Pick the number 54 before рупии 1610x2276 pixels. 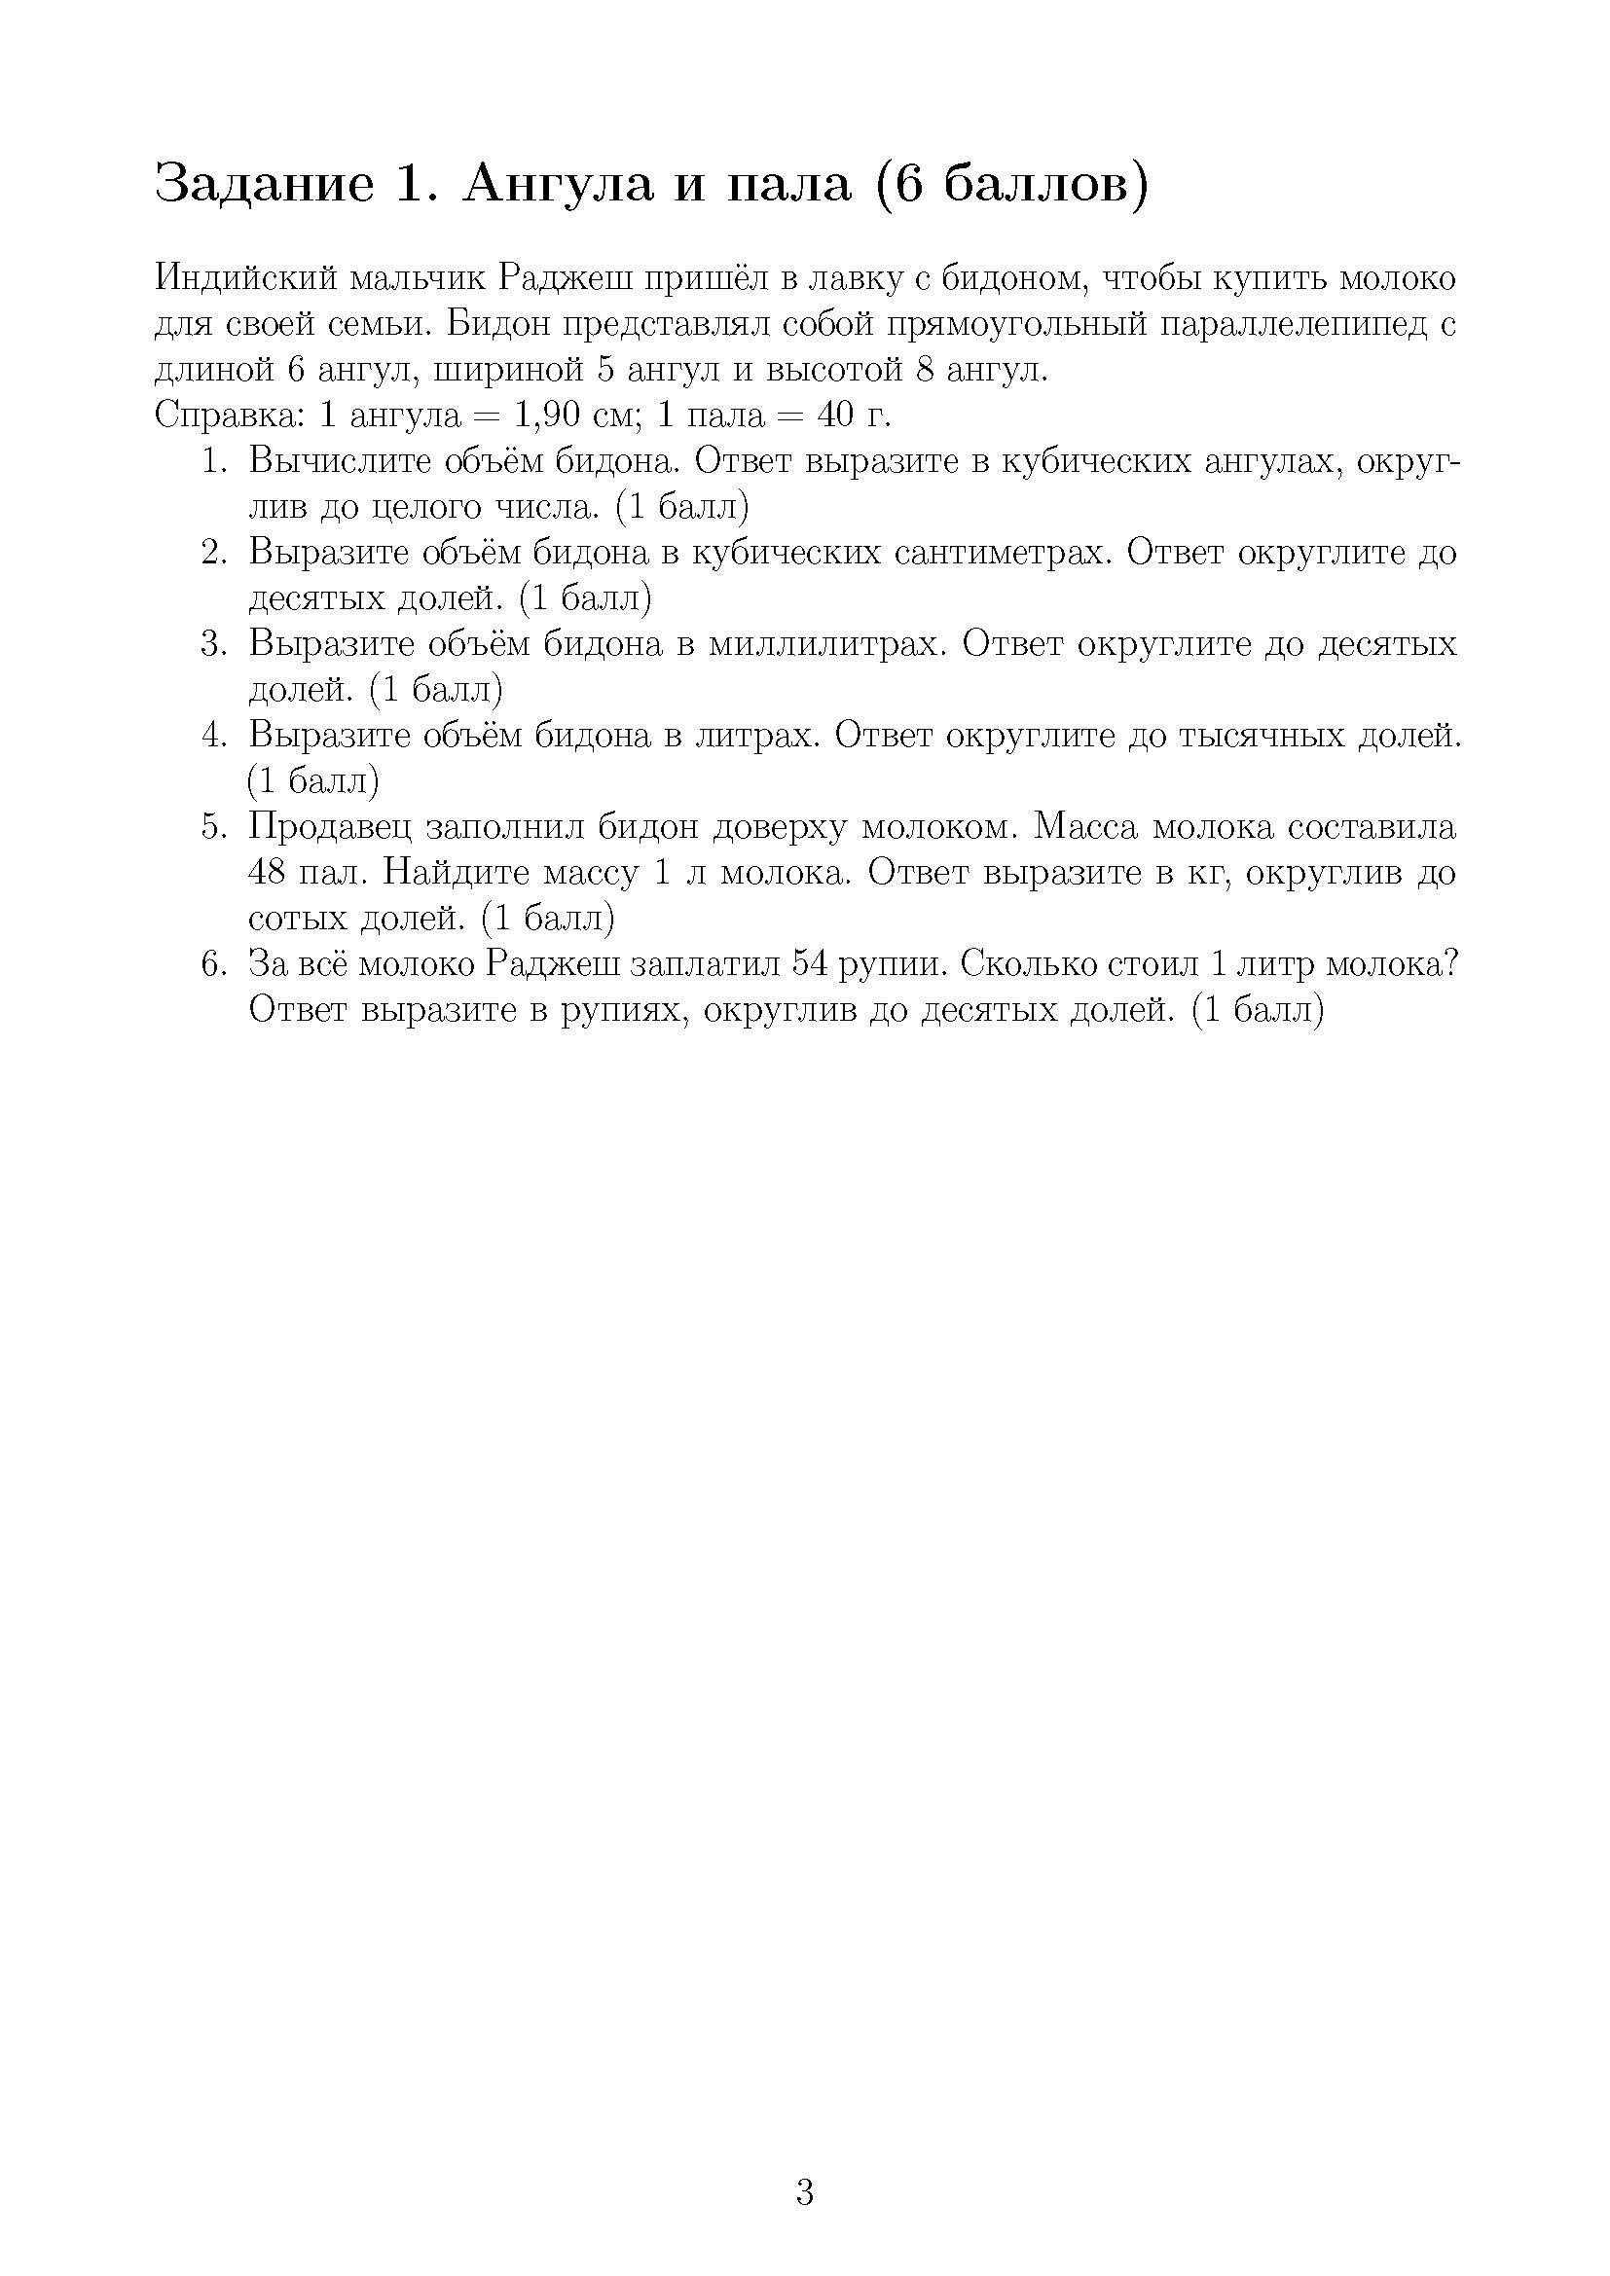(813, 964)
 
